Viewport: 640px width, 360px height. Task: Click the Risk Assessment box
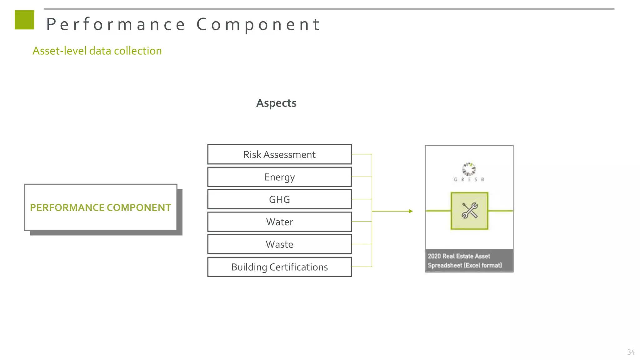(279, 154)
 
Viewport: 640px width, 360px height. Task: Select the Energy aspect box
(279, 177)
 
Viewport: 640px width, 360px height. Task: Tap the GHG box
(279, 199)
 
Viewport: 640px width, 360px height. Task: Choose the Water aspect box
(279, 222)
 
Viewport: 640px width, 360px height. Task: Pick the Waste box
(279, 244)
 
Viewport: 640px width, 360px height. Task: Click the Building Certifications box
(279, 267)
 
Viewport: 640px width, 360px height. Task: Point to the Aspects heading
(276, 103)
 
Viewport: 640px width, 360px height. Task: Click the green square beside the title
(24, 20)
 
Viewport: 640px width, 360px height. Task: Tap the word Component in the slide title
(258, 24)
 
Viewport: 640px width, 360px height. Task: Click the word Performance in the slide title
(116, 24)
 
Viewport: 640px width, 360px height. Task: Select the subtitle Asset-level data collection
(97, 51)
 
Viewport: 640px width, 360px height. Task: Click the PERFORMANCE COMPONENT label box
(101, 207)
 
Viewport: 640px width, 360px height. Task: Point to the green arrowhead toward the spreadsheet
(411, 211)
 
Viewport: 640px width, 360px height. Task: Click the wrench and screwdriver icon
(469, 211)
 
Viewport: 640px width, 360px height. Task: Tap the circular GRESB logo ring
(469, 169)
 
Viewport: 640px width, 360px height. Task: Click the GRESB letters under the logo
(469, 179)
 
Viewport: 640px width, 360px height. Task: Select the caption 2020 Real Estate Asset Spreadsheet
(464, 261)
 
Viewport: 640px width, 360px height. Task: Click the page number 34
(631, 352)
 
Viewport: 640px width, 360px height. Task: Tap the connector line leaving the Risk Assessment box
(362, 154)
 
